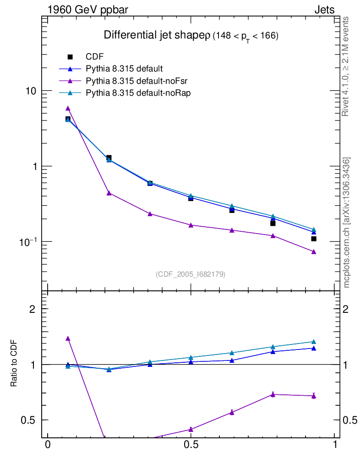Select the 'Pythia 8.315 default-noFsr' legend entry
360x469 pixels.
point(129,81)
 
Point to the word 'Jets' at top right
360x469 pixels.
point(324,10)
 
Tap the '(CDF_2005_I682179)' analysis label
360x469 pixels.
point(191,274)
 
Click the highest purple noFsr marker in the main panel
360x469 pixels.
point(68,109)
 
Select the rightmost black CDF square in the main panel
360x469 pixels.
point(314,239)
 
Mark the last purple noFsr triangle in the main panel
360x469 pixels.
point(314,252)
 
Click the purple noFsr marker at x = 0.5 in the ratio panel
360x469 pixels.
point(191,429)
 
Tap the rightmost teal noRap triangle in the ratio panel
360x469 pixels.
point(314,342)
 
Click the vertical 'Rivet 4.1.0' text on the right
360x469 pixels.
point(346,66)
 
